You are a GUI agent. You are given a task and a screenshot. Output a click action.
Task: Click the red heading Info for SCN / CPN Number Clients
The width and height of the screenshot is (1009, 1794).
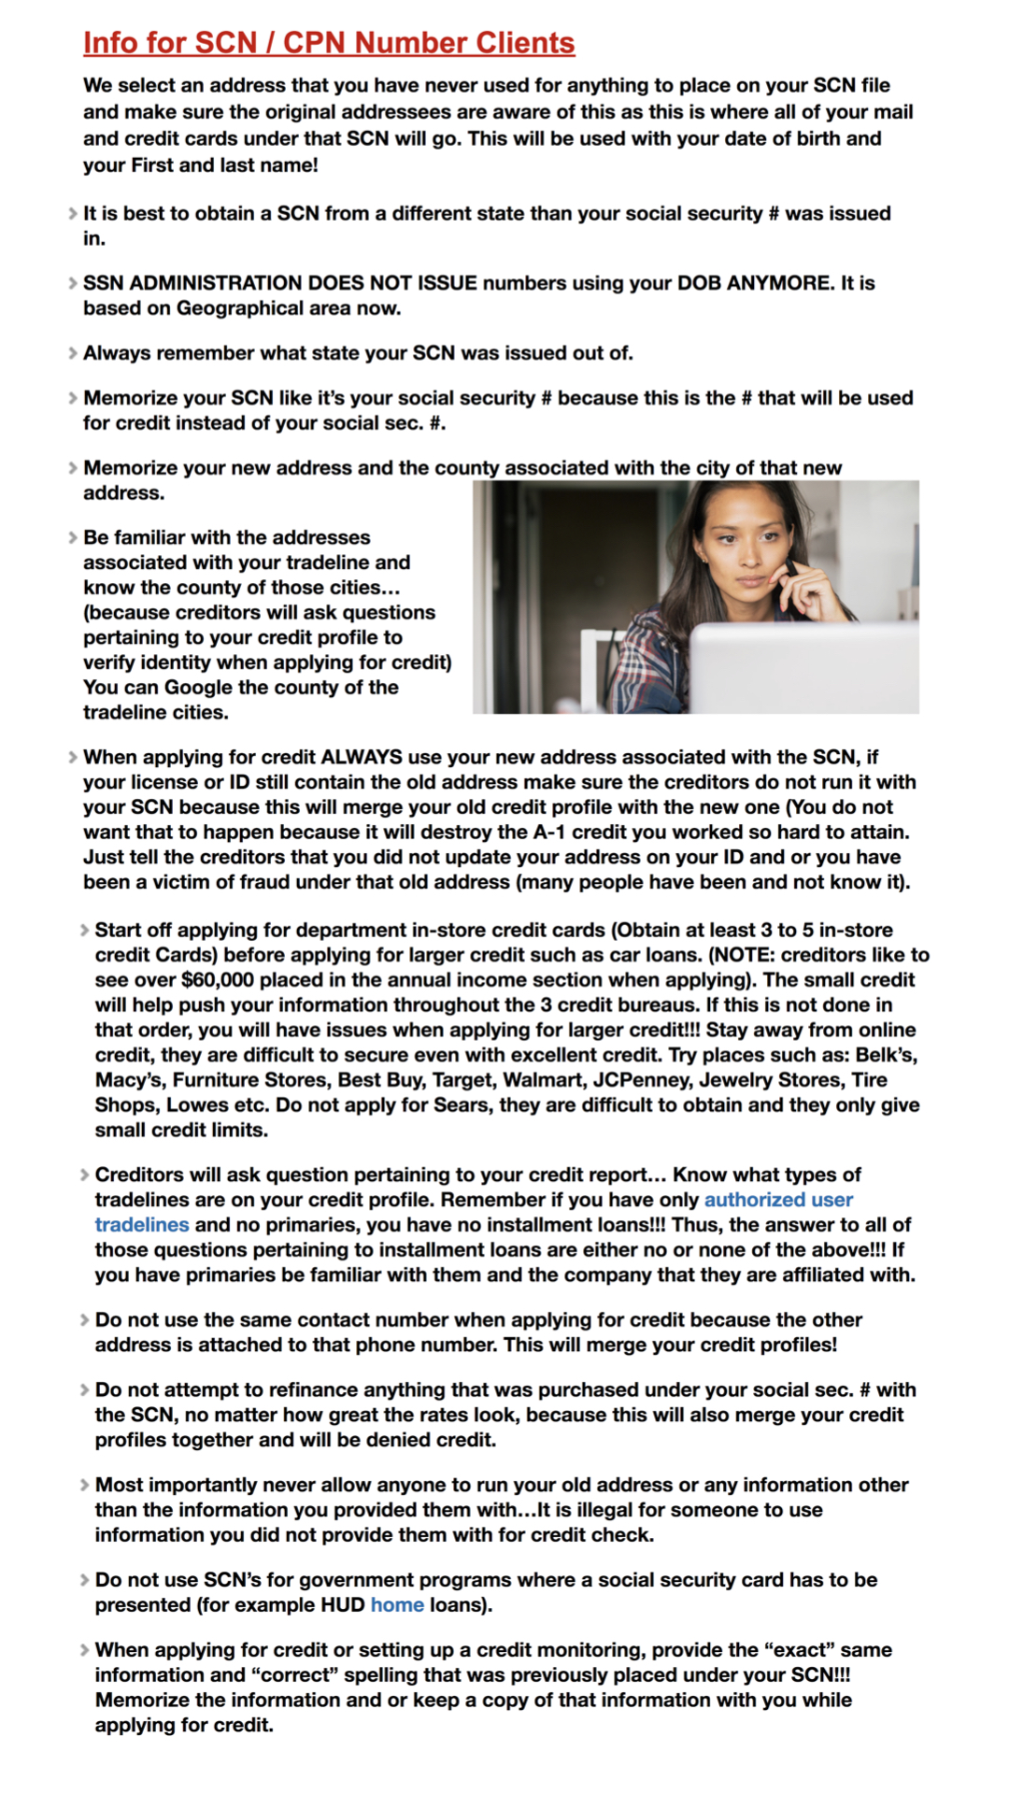[x=329, y=43]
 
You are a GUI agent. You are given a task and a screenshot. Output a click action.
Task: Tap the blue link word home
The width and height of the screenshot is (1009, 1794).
[x=397, y=1604]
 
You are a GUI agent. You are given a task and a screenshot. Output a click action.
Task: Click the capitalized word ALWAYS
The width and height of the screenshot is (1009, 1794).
[x=362, y=757]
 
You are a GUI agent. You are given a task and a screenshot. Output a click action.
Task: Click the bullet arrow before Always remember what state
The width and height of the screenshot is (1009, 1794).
[x=73, y=353]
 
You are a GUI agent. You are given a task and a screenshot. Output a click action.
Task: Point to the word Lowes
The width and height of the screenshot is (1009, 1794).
[x=198, y=1104]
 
